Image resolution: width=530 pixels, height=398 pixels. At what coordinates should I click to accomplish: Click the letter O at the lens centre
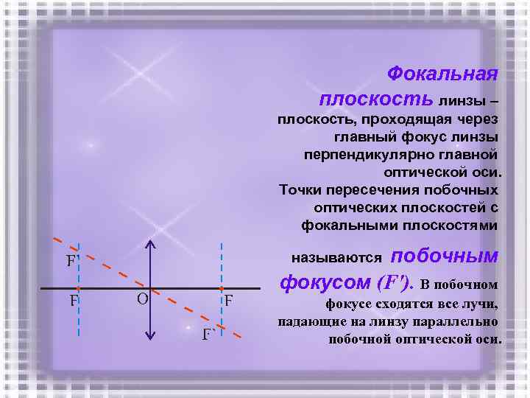click(143, 299)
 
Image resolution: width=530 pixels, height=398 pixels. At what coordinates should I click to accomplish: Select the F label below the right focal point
click(229, 301)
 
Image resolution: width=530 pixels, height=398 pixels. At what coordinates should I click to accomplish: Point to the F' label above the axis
click(71, 261)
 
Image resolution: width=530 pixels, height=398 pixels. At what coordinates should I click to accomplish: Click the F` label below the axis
click(209, 335)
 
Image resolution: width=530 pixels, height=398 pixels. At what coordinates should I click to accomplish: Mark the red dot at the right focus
click(221, 288)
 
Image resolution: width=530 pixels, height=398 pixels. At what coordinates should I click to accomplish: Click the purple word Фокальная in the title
click(442, 74)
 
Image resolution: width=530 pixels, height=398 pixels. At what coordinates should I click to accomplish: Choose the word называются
click(336, 258)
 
